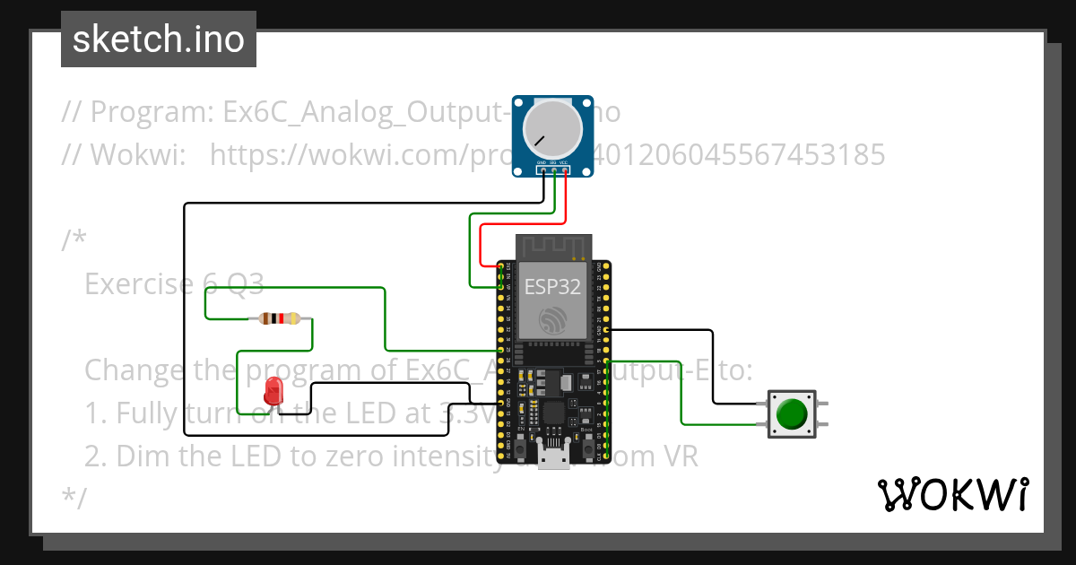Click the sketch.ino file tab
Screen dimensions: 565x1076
[x=159, y=39]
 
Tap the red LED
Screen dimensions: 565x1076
[x=274, y=391]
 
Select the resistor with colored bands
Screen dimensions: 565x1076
[x=280, y=318]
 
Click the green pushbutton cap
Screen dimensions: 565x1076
[x=791, y=413]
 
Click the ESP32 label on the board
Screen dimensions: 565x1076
[x=552, y=287]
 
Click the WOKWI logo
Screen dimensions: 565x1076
[x=952, y=494]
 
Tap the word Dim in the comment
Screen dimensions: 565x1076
[x=144, y=456]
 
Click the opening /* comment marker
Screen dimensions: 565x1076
[x=74, y=240]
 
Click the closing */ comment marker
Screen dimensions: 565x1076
[x=74, y=498]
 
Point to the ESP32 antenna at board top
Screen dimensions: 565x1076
[x=553, y=246]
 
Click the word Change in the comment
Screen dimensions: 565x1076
[x=140, y=370]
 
